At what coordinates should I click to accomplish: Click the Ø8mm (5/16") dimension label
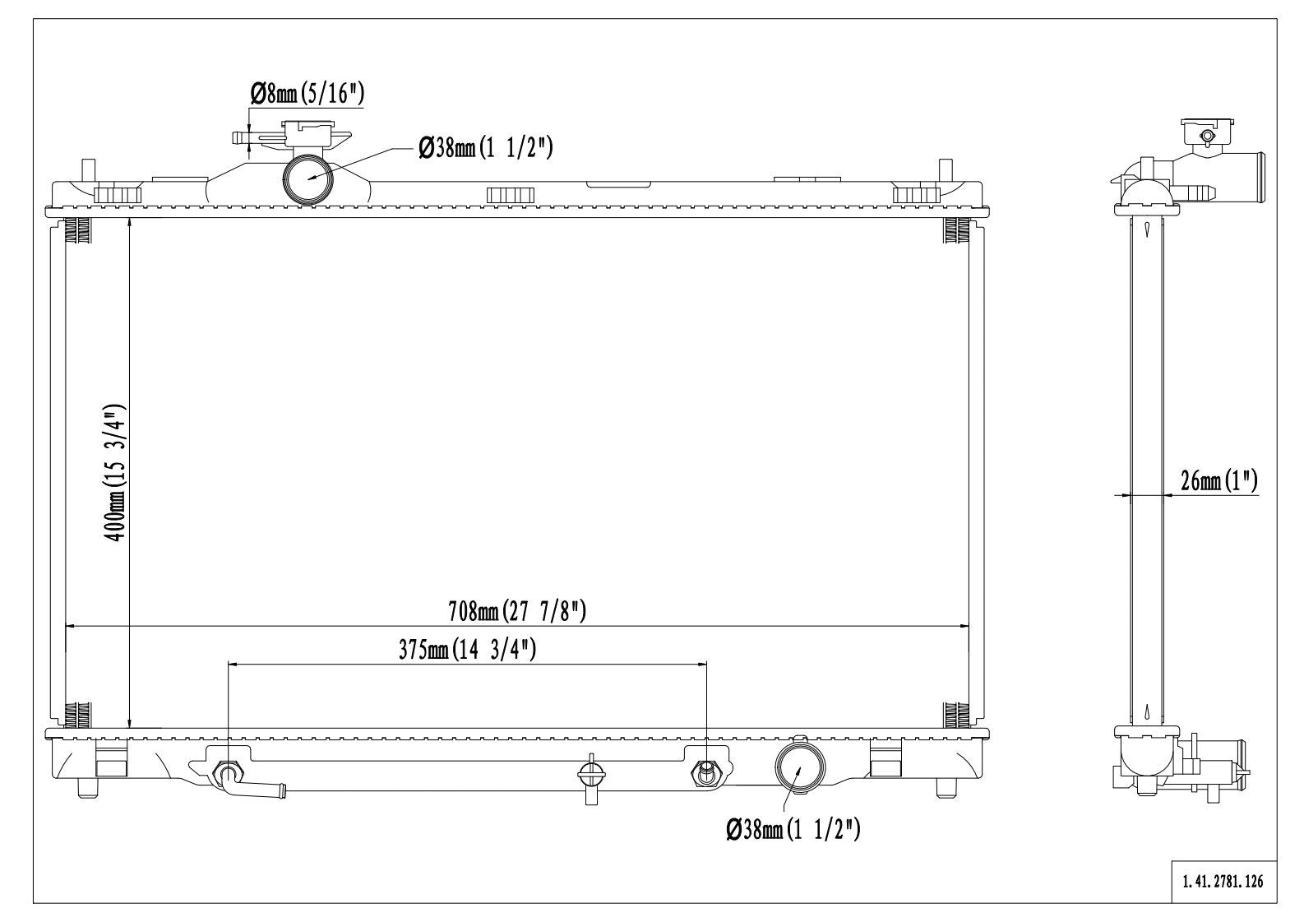click(x=306, y=94)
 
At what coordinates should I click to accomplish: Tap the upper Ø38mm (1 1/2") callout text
click(x=486, y=148)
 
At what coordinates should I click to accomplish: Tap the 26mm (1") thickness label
click(x=1218, y=481)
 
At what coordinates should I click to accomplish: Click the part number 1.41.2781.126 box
click(x=1223, y=882)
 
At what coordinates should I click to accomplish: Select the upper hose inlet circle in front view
click(x=309, y=178)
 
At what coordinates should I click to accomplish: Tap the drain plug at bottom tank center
click(x=591, y=776)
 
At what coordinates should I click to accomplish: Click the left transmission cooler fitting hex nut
click(x=227, y=773)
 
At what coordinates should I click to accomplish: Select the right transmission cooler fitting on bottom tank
click(x=706, y=772)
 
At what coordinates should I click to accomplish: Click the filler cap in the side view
click(x=1207, y=132)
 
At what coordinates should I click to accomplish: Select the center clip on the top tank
click(x=511, y=195)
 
